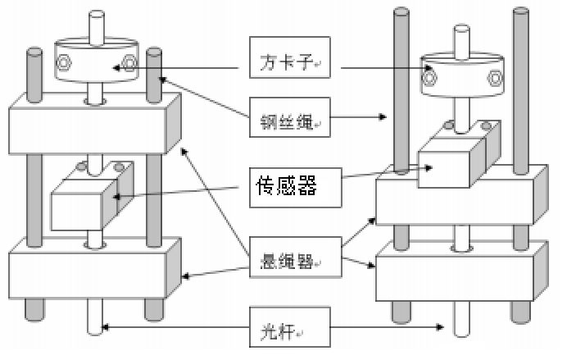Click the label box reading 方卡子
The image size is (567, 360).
[288, 60]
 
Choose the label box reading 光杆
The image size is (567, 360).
[288, 328]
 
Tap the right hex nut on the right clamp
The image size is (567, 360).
[493, 79]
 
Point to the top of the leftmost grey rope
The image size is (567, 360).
[34, 55]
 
